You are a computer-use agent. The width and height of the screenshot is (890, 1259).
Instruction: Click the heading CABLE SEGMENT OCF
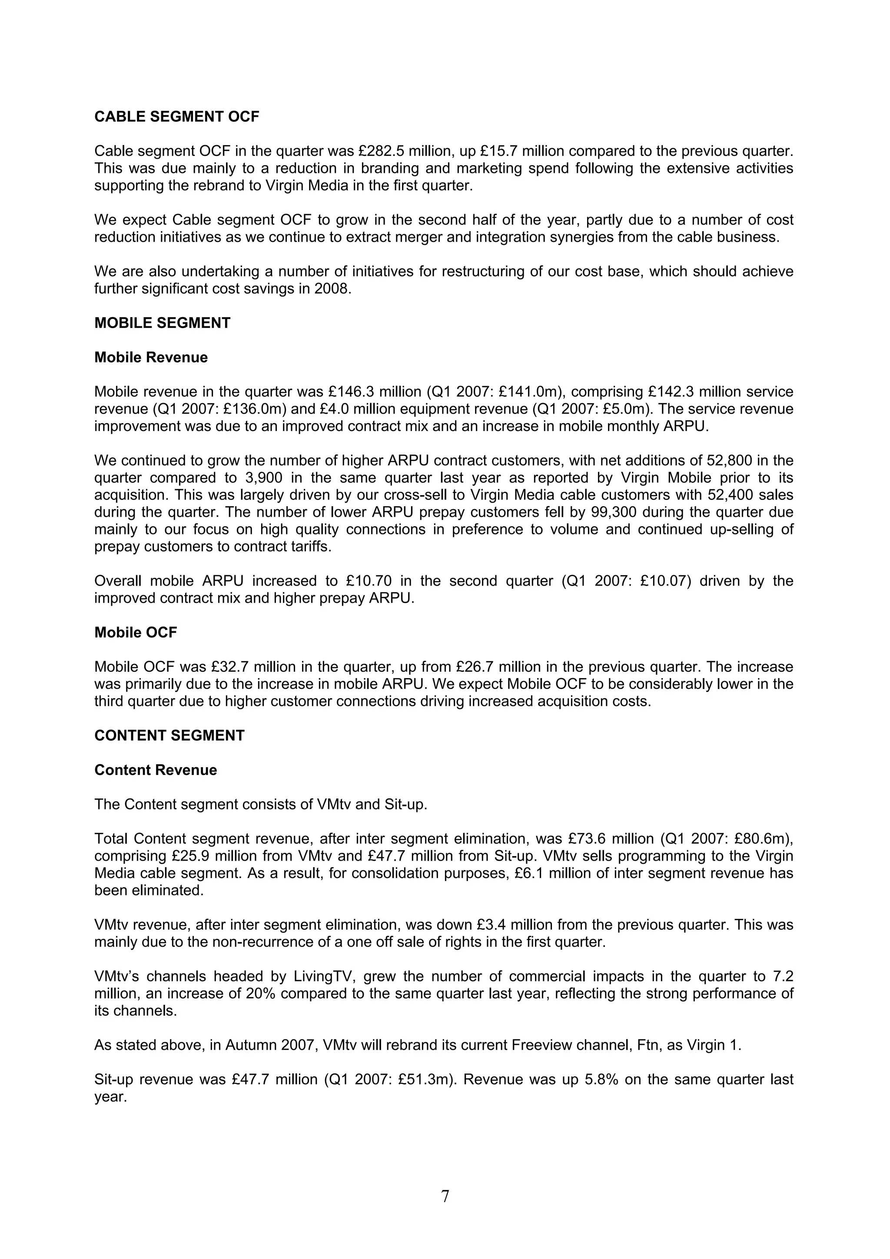pyautogui.click(x=176, y=117)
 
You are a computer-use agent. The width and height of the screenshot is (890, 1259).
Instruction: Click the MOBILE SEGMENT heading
pyautogui.click(x=163, y=323)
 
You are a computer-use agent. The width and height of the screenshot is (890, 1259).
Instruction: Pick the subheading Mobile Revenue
pyautogui.click(x=151, y=358)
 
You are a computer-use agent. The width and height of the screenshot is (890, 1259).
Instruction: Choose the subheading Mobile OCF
pyautogui.click(x=136, y=633)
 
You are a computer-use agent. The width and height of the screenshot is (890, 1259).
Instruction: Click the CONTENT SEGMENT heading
pyautogui.click(x=169, y=736)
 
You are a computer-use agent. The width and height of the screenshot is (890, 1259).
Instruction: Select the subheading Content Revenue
pyautogui.click(x=156, y=770)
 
